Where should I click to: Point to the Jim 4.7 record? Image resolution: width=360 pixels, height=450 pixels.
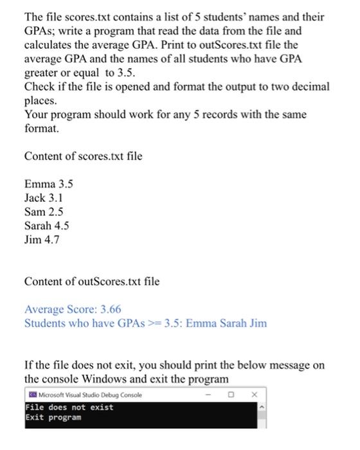pos(41,240)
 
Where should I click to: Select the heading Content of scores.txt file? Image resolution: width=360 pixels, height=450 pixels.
pos(84,156)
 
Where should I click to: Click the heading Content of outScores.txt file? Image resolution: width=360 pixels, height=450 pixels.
pos(92,282)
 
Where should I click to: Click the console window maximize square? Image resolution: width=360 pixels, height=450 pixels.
pos(231,395)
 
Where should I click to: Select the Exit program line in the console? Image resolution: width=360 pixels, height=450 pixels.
pos(54,417)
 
